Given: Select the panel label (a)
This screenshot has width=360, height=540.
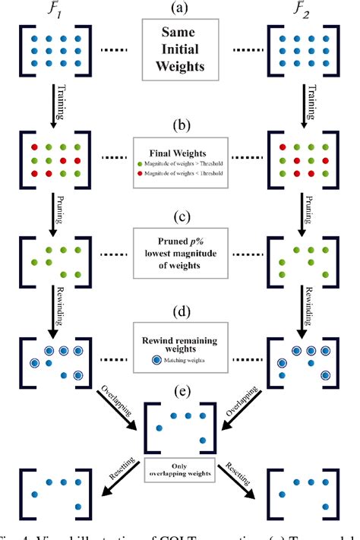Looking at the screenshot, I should pyautogui.click(x=181, y=9).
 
